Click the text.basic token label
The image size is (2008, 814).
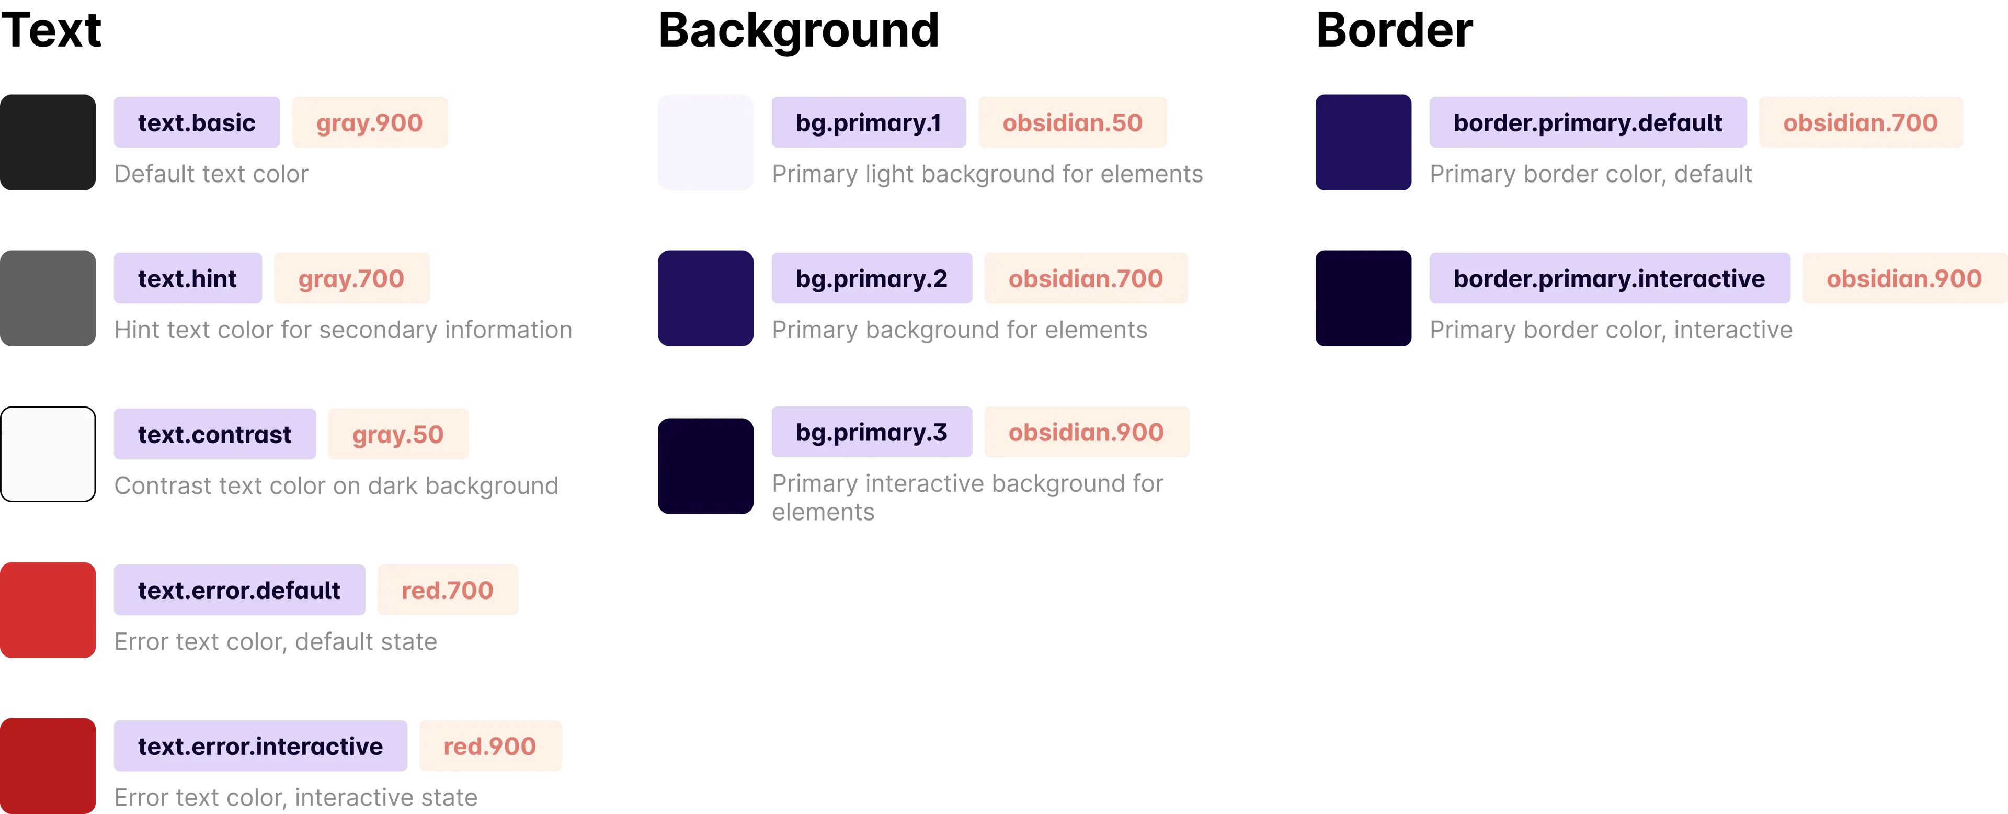[x=197, y=123]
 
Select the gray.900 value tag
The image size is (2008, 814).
[x=370, y=123]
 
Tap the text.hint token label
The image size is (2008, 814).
[x=187, y=278]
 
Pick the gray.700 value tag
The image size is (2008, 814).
[x=351, y=278]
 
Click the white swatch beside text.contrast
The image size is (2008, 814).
[x=48, y=454]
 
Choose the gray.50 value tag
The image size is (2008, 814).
[x=397, y=434]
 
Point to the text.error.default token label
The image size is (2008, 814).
[x=239, y=590]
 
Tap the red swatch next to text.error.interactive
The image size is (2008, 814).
[x=48, y=765]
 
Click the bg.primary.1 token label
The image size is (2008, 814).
[x=869, y=123]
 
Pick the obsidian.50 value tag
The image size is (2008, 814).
[x=1073, y=123]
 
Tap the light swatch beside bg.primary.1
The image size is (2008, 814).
[x=706, y=142]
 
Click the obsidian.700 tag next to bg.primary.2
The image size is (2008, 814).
[x=1086, y=278]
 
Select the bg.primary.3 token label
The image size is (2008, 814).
[x=872, y=432]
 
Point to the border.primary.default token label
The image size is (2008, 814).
[x=1587, y=123]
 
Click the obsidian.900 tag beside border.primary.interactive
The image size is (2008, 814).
[x=1903, y=278]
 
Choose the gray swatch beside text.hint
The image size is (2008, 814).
[x=48, y=297]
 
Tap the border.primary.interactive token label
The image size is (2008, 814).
[x=1609, y=278]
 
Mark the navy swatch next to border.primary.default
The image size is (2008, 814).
[x=1363, y=142]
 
